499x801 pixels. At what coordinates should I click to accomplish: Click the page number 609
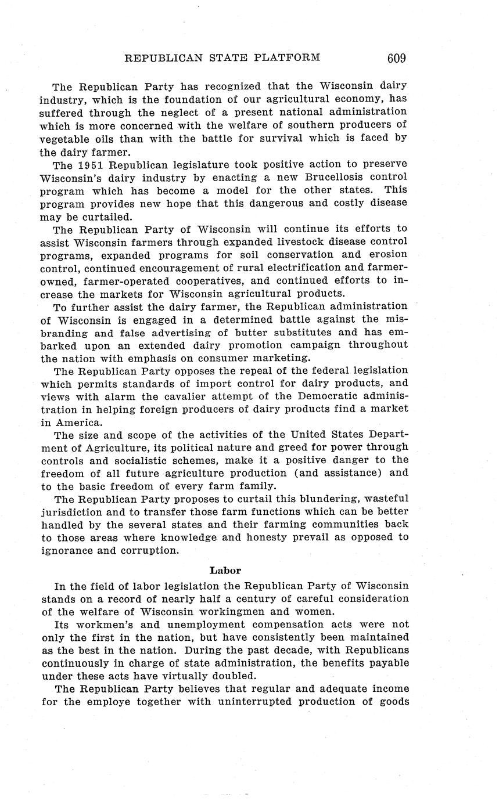coord(395,57)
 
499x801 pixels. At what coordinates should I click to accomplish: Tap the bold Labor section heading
coord(225,570)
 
